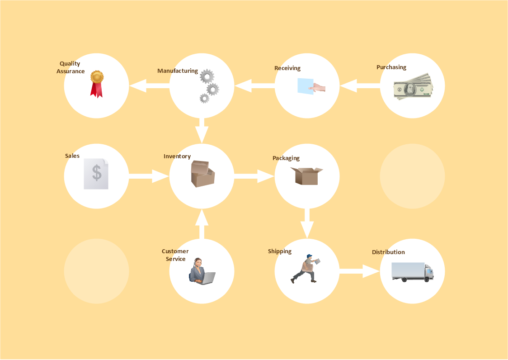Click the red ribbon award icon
click(x=96, y=84)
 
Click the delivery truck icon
click(x=412, y=272)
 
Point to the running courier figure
click(x=305, y=269)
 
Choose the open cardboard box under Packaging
click(x=307, y=176)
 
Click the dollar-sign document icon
click(x=96, y=174)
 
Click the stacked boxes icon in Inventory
click(x=202, y=174)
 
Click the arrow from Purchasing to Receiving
click(x=360, y=86)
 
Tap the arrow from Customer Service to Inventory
click(x=202, y=224)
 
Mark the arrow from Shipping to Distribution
click(x=359, y=271)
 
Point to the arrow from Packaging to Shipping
click(x=307, y=223)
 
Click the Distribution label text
click(x=388, y=252)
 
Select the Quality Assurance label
click(x=71, y=67)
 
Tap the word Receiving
click(x=287, y=68)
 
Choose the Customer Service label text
click(x=175, y=255)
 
